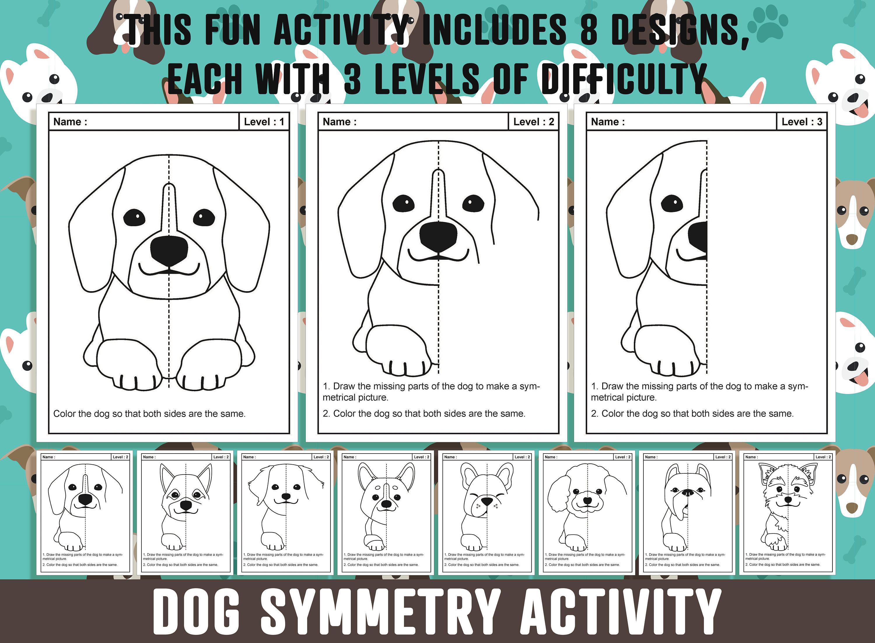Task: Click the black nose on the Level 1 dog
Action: point(169,251)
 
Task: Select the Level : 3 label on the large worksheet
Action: point(801,122)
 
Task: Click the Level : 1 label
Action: point(264,122)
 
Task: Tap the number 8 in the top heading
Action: point(589,30)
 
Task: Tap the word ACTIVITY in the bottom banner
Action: point(620,612)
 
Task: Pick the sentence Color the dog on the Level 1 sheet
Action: point(149,413)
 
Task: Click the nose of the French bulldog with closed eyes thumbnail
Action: point(487,500)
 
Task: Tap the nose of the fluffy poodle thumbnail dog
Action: point(587,500)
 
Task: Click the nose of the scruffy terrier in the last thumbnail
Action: point(788,499)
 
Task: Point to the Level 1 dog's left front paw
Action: point(129,366)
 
